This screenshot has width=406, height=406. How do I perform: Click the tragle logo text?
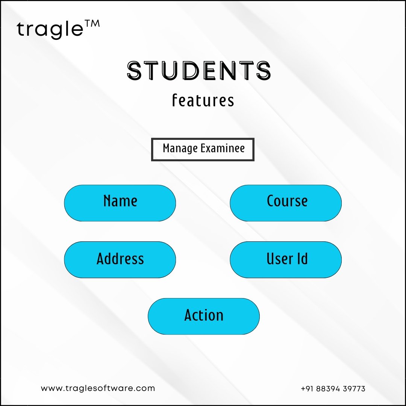(50, 29)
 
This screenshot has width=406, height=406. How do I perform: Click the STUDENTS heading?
(199, 70)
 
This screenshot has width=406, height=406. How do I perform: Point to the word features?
(203, 100)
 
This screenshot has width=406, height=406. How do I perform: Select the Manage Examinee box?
(203, 149)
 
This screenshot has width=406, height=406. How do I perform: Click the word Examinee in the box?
(223, 148)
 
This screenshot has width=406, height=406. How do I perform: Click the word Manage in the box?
(180, 148)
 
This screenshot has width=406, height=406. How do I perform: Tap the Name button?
(120, 203)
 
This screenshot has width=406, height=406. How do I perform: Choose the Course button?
(286, 203)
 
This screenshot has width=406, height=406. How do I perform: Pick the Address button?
(120, 260)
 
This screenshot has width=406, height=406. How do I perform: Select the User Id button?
(286, 260)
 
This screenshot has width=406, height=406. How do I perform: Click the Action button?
(203, 316)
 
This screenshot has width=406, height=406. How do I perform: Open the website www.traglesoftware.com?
(98, 388)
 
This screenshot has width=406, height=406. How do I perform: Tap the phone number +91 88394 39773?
(333, 389)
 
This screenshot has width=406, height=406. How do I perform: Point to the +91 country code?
(307, 389)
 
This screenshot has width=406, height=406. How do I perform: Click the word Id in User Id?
(303, 258)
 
